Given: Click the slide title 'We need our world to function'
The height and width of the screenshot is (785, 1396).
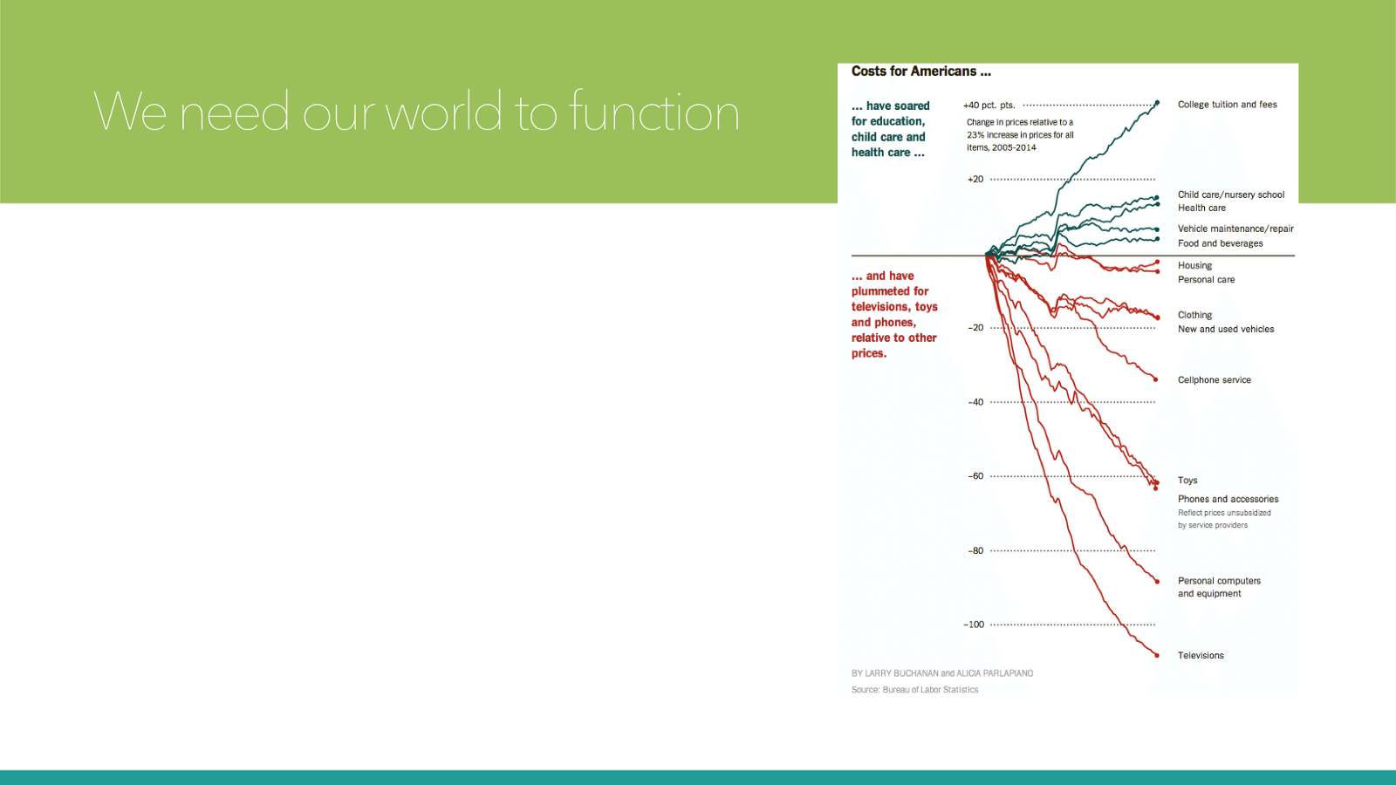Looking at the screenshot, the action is tap(415, 111).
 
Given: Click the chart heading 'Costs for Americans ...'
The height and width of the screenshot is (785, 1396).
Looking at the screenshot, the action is tap(921, 72).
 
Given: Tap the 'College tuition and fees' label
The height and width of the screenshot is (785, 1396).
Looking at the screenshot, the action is tap(1227, 105).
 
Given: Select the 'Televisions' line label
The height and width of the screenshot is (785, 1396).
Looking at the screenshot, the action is tap(1201, 655).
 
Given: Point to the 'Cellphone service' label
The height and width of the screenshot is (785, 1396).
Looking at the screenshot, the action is tap(1214, 380).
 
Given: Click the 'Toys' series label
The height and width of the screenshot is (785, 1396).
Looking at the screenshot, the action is tap(1187, 481).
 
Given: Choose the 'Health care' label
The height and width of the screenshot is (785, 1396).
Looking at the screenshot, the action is tap(1201, 208).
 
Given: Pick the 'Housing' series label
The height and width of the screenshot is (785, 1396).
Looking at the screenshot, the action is tap(1194, 265).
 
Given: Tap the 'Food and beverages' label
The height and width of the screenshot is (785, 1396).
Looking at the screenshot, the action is tap(1221, 243).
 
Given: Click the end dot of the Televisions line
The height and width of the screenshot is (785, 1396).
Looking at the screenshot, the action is tap(1157, 655).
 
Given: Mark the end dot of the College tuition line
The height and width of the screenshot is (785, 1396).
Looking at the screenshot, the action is tap(1157, 103).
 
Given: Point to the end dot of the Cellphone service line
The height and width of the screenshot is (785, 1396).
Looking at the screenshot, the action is tap(1156, 379).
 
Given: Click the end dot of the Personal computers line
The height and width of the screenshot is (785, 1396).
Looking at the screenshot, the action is tap(1157, 582).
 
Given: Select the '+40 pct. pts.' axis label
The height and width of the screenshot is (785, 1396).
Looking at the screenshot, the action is tap(989, 106).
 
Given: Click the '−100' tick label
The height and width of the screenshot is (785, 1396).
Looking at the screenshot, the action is tap(974, 625).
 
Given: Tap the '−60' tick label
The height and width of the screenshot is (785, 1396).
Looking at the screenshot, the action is tap(975, 476).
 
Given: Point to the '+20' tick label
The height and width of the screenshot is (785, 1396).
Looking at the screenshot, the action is tap(975, 180).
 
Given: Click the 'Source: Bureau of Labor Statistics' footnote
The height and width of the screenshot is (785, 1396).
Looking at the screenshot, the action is tap(914, 690).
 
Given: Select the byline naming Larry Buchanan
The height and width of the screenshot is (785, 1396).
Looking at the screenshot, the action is tap(942, 673).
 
